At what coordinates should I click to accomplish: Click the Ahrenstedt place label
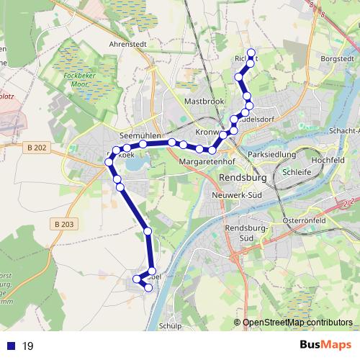click(x=129, y=42)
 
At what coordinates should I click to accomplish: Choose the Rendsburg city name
click(x=241, y=177)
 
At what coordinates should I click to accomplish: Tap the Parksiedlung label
click(x=271, y=155)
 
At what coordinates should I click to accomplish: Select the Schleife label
click(x=297, y=173)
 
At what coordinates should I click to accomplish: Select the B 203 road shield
click(x=64, y=225)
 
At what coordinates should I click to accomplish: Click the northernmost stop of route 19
click(x=251, y=52)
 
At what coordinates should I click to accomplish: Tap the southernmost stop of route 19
click(x=149, y=288)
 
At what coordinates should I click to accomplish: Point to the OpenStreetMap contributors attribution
click(x=297, y=323)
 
